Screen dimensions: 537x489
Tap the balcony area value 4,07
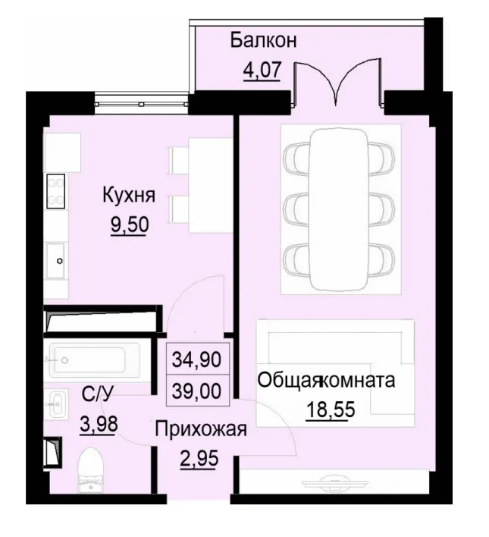click(262, 71)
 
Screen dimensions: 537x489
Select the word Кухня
click(129, 196)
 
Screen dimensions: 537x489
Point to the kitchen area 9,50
click(129, 226)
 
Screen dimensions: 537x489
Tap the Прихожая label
click(201, 430)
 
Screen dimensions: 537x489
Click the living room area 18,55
click(331, 410)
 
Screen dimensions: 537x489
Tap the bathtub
click(92, 359)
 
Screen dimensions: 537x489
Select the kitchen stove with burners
click(56, 190)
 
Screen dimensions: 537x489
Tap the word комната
click(359, 380)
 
